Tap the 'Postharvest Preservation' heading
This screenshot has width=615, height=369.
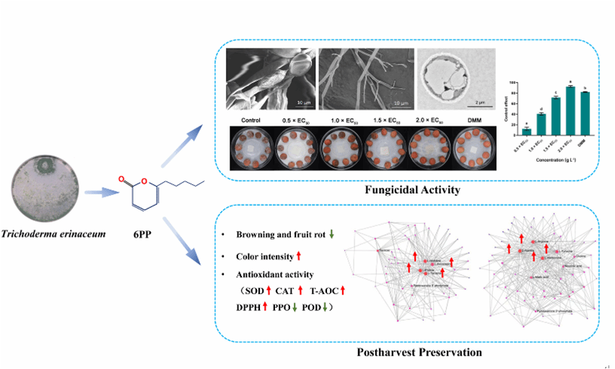406,353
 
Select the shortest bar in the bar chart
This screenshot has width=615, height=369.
526,131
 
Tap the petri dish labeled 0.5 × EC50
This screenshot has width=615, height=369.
295,148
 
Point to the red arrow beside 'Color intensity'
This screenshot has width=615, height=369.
298,256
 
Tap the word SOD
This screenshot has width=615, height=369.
253,290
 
